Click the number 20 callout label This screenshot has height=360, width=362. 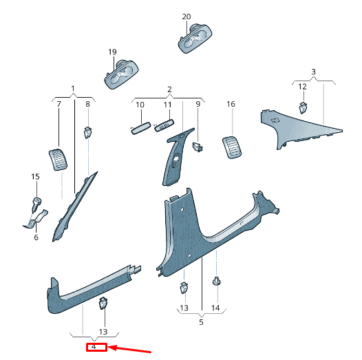187,17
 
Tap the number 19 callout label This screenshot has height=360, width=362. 112,52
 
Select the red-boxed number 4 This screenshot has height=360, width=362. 94,347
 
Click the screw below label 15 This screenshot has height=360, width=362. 36,204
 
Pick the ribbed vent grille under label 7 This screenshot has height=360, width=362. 58,160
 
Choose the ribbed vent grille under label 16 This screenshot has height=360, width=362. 232,147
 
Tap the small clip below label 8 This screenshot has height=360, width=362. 87,132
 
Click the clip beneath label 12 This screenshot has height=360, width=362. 303,107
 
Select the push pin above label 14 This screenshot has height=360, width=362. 216,281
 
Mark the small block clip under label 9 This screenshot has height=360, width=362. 198,147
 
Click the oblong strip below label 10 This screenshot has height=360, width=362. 141,128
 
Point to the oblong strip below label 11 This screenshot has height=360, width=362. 164,125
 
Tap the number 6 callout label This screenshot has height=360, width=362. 36,237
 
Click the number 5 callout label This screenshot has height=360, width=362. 201,322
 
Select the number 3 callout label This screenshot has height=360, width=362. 313,72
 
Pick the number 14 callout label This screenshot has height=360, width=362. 215,308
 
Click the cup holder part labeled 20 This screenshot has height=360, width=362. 195,38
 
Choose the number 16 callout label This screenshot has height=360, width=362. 231,104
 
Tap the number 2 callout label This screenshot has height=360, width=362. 169,89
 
